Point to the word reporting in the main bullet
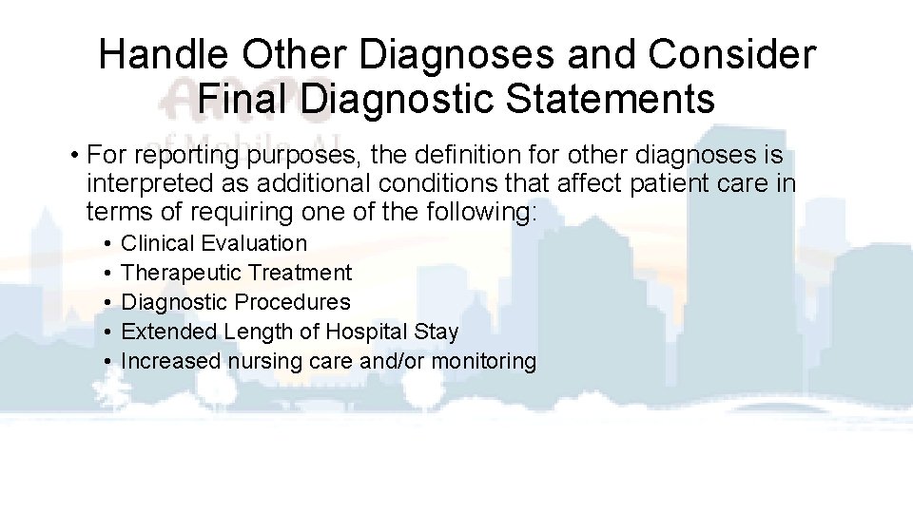(181, 155)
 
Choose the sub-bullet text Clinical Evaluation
(214, 243)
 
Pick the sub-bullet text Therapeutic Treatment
(237, 273)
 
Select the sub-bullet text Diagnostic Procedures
(236, 302)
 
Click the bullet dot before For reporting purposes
(73, 156)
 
